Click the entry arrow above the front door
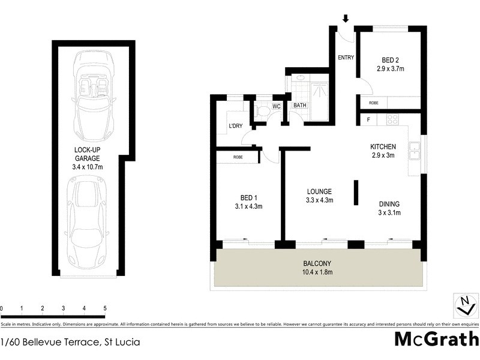click(346, 19)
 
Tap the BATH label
click(299, 106)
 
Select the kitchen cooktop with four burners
click(393, 119)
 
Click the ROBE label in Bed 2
click(373, 103)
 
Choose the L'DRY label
click(235, 127)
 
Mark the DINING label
click(389, 204)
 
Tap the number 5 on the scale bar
click(105, 308)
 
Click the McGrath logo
click(436, 339)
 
